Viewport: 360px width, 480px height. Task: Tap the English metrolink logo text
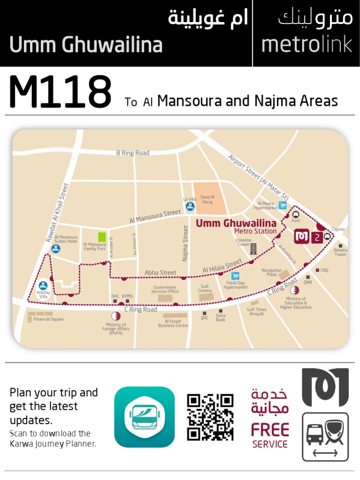pos(307,45)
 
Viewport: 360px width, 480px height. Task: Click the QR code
pos(210,417)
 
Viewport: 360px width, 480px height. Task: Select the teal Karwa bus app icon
pos(144,417)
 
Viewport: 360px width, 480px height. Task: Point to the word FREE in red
pos(270,429)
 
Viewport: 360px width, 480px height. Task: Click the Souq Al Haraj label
pos(208,199)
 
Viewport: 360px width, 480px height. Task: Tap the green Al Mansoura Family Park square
pos(102,237)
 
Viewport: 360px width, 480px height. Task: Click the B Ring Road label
pos(133,153)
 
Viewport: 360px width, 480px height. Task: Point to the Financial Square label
pos(48,319)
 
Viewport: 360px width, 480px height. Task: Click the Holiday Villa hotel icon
pos(43,285)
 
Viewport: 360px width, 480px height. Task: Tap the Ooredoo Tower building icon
pos(254,249)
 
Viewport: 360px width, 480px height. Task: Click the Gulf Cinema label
pos(205,288)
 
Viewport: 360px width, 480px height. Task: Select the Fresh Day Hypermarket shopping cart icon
pos(235,276)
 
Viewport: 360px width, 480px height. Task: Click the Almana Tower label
pos(340,252)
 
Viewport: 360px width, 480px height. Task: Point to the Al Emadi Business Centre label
pos(173,323)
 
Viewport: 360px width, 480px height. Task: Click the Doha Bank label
pos(220,317)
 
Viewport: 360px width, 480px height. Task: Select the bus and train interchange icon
pos(325,435)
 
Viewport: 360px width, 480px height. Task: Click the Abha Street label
pos(160,272)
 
